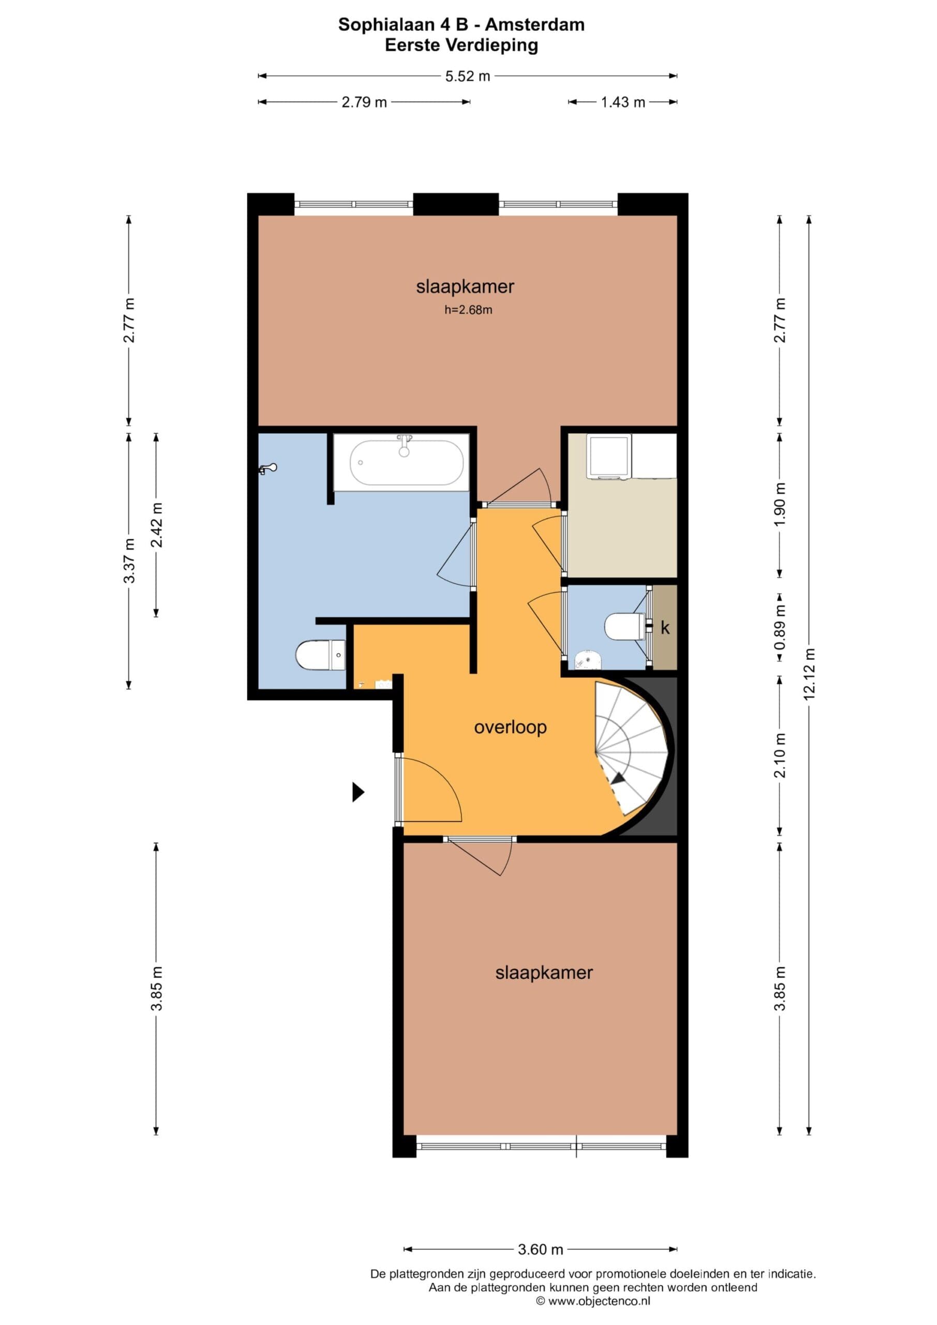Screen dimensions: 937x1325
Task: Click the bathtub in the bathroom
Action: coord(406,463)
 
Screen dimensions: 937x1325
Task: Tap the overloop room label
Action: coord(510,727)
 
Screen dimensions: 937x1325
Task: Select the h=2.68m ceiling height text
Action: coord(468,310)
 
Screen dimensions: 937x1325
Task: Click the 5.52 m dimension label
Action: coord(467,76)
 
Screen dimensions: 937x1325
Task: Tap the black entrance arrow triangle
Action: coord(359,792)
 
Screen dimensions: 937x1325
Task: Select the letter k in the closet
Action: coord(665,628)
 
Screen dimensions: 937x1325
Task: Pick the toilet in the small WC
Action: coord(624,626)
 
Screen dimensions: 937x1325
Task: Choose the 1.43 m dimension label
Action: coord(622,102)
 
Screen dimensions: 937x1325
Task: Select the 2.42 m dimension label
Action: coord(156,525)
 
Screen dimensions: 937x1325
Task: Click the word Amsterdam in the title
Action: coord(535,24)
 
